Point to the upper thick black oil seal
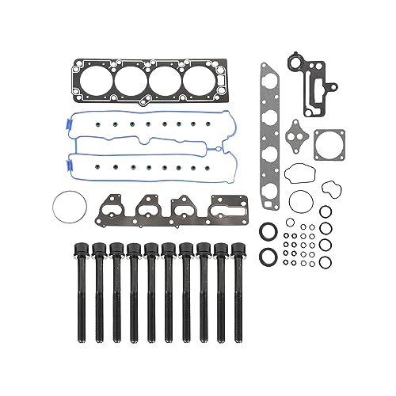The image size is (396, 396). click(268, 230)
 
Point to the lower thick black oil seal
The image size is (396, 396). click(268, 256)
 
